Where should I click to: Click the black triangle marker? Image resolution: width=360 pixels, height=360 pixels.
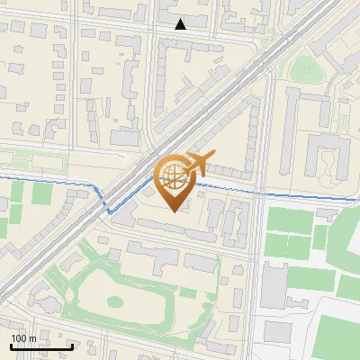point(181,24)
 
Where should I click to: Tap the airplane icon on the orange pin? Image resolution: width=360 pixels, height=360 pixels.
point(198,164)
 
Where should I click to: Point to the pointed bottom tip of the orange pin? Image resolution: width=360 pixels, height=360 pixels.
point(174,211)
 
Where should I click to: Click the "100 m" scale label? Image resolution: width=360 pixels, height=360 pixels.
point(23,338)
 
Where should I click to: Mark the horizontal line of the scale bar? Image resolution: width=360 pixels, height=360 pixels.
point(40,346)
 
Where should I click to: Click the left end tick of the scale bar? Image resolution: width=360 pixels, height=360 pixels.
point(10,345)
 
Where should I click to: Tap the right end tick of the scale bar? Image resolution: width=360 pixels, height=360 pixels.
point(72,345)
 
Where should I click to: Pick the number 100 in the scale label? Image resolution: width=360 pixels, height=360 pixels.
point(19,338)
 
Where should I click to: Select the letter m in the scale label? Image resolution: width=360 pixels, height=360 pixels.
point(32,338)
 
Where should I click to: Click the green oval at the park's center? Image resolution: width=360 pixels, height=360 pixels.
point(115,304)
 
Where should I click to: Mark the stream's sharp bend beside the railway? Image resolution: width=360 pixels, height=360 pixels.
point(109,212)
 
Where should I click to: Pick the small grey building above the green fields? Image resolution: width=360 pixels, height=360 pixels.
point(326,213)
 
